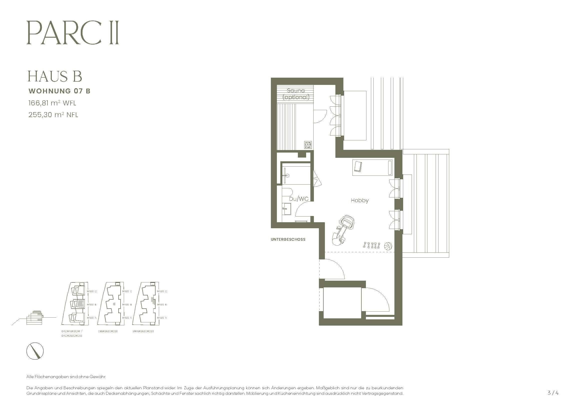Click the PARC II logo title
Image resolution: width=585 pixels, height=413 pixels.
pyautogui.click(x=73, y=33)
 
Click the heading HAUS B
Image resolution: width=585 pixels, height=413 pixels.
pyautogui.click(x=55, y=76)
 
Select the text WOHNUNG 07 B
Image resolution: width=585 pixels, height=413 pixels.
pyautogui.click(x=59, y=91)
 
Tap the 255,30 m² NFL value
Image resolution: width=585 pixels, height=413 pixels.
pyautogui.click(x=53, y=115)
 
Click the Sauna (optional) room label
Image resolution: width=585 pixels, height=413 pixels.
pyautogui.click(x=296, y=94)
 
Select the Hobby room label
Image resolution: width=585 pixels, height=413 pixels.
pyautogui.click(x=359, y=201)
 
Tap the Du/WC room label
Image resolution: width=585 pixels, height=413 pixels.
pyautogui.click(x=299, y=199)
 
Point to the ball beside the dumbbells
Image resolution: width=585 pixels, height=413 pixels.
pyautogui.click(x=388, y=246)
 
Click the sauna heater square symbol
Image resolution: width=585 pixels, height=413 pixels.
pyautogui.click(x=308, y=145)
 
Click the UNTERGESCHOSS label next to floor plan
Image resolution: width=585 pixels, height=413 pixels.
pyautogui.click(x=288, y=239)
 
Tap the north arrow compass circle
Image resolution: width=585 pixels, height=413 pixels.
pyautogui.click(x=35, y=351)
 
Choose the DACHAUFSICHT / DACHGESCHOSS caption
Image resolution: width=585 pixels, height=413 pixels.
pyautogui.click(x=72, y=333)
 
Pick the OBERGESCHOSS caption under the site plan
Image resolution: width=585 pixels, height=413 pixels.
pyautogui.click(x=108, y=331)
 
